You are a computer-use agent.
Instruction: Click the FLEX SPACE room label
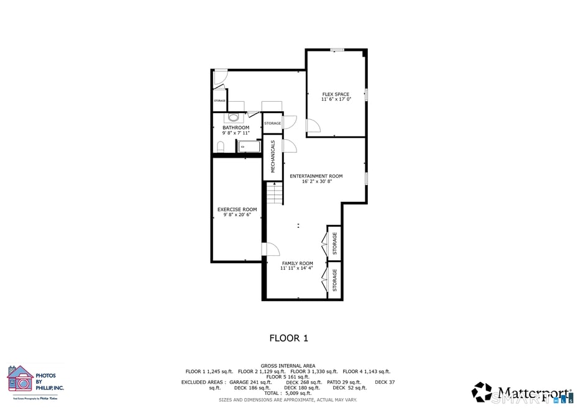[336, 94]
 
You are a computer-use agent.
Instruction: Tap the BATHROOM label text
[236, 128]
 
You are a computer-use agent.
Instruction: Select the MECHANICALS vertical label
[272, 156]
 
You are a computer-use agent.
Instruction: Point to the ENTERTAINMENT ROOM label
[316, 176]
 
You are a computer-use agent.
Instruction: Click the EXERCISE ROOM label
[237, 209]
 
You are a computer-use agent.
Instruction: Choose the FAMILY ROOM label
[296, 263]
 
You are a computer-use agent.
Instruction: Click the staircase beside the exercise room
[275, 193]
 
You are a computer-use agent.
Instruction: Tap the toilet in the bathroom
[221, 147]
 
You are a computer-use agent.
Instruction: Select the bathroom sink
[234, 117]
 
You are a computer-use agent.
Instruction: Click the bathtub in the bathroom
[249, 147]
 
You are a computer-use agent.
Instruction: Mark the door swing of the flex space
[313, 126]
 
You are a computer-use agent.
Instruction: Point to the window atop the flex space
[337, 50]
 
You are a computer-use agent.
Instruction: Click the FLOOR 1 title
[288, 338]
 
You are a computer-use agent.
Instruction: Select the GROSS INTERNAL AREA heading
[288, 366]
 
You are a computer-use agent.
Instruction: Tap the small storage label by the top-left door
[219, 101]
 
